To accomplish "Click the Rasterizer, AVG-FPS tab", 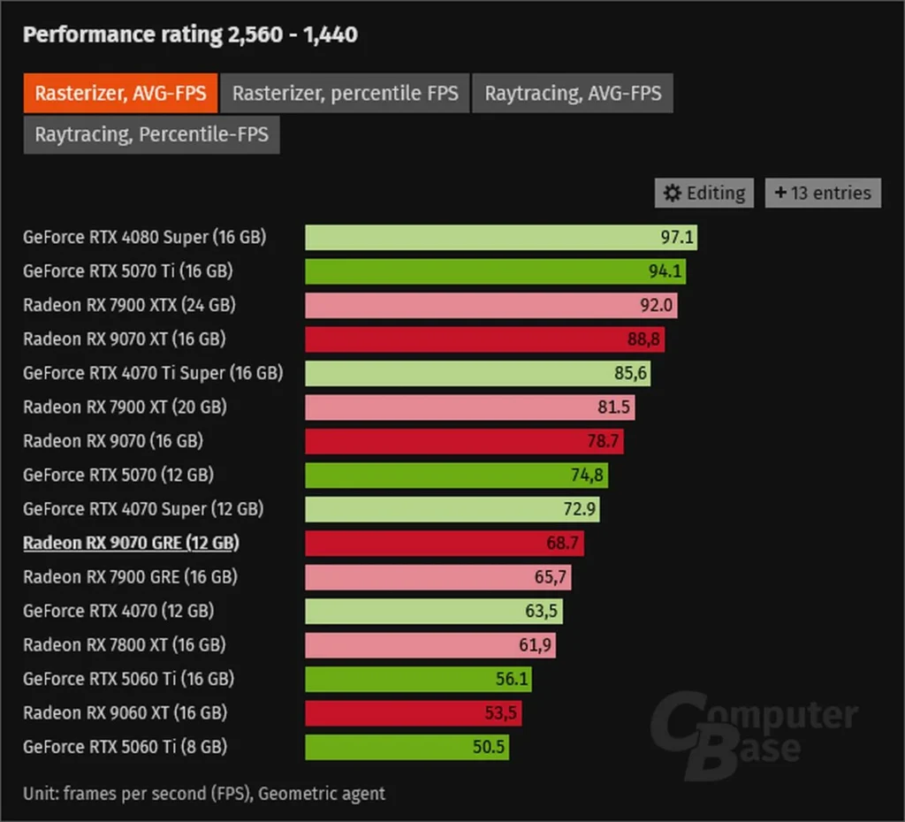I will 120,93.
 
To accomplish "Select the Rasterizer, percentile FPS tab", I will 345,93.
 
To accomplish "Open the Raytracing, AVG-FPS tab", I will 573,93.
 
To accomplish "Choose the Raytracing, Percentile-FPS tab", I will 151,135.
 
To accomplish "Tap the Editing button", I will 704,193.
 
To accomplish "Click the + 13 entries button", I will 823,193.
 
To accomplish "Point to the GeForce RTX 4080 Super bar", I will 501,237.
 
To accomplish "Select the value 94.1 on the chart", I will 665,271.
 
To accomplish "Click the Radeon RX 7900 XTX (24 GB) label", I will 129,305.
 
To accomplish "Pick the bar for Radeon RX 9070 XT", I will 484,339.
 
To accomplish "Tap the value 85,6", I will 631,373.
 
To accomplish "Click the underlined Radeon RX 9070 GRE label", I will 131,543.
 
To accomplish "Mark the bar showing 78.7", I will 464,441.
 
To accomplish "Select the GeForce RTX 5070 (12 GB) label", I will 118,475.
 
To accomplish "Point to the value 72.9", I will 580,509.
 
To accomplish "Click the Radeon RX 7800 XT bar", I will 430,645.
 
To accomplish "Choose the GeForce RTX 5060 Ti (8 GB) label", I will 125,747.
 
